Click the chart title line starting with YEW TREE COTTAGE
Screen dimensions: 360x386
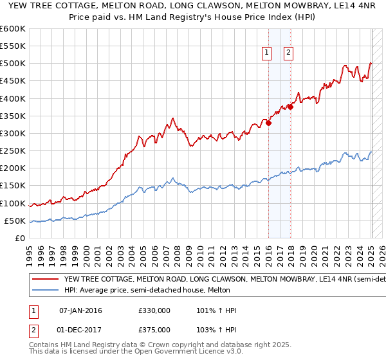click(x=192, y=6)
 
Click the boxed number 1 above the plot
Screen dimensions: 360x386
click(x=266, y=53)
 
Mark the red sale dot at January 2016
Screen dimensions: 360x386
click(x=268, y=123)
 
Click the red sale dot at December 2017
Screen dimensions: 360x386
click(x=290, y=107)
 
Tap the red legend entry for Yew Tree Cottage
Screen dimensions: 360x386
click(x=212, y=280)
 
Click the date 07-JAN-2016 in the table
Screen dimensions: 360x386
click(x=80, y=310)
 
